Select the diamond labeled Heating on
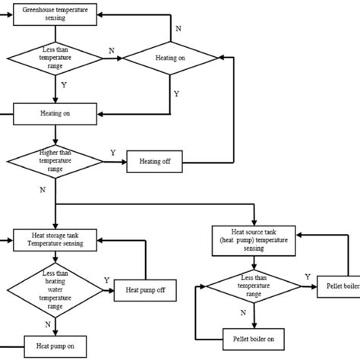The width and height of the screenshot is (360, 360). tap(170, 56)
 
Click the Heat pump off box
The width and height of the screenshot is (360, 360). tap(144, 289)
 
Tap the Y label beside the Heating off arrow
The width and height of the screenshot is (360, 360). tap(113, 153)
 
